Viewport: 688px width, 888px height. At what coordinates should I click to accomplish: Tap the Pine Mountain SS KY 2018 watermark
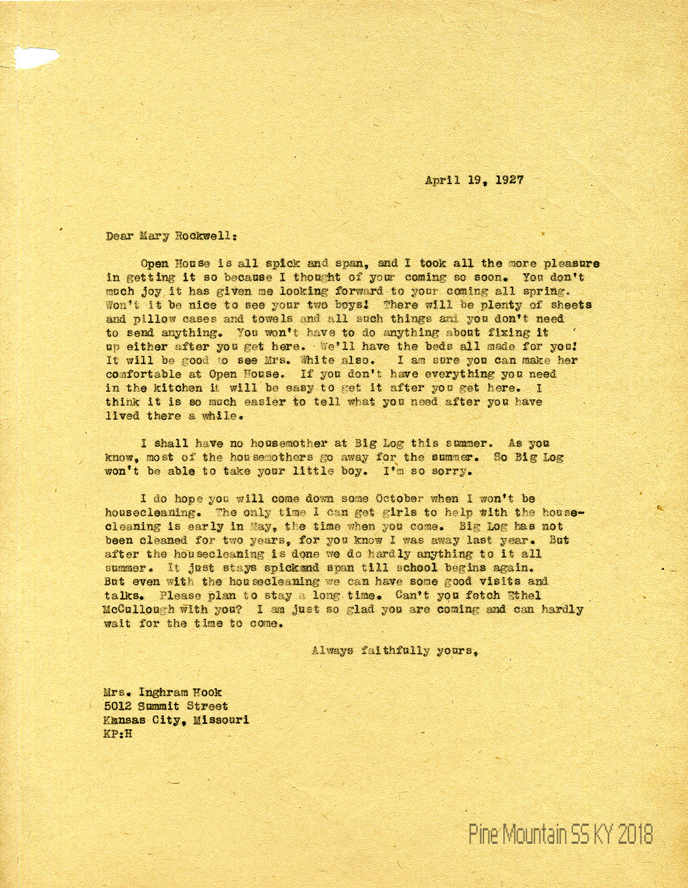[x=561, y=835]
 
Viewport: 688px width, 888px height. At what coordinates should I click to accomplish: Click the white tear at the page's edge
[x=34, y=58]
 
